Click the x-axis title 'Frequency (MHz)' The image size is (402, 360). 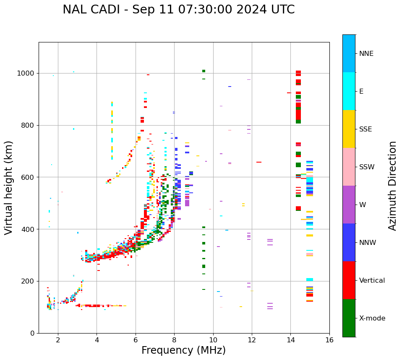coord(183,350)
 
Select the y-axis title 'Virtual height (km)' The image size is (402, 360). coord(9,188)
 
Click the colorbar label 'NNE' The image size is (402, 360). coord(366,54)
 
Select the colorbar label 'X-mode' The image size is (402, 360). coord(372,318)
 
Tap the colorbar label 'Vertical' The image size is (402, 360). coord(372,281)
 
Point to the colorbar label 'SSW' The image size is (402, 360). coord(367,167)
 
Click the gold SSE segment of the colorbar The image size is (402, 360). coord(349,129)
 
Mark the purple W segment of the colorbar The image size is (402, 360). coord(349,205)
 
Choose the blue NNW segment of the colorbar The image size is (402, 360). coord(349,242)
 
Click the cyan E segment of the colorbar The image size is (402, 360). coord(349,91)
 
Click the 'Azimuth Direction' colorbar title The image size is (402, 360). coord(393,186)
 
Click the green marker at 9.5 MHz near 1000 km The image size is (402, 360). coord(204,71)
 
